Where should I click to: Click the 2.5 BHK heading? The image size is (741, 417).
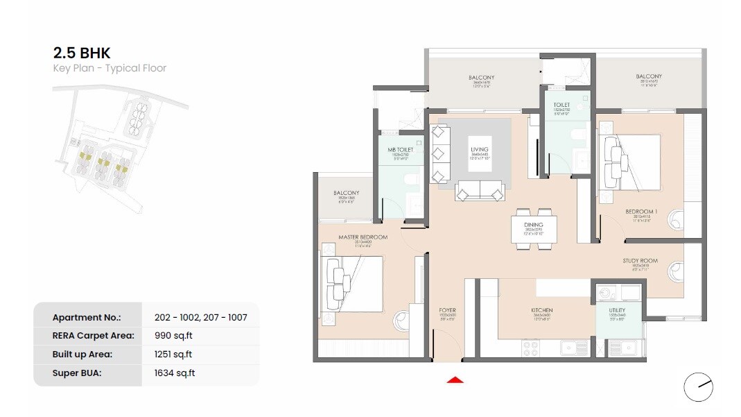coord(82,53)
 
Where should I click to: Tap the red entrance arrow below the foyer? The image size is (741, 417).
coord(455,380)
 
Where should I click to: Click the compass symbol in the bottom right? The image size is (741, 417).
coord(698,387)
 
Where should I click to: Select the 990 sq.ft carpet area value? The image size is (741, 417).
coord(173,335)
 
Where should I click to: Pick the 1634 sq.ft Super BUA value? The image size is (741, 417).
coord(175,373)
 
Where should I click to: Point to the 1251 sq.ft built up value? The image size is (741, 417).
coord(173,354)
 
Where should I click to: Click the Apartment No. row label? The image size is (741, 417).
coord(87,317)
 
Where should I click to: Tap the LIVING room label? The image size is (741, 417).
coord(479,149)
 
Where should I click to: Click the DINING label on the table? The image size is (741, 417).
coord(533,225)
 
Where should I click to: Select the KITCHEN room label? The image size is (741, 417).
coord(542,310)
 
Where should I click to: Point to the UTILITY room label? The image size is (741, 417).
coord(616,310)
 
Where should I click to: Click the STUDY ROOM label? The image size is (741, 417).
coord(639,261)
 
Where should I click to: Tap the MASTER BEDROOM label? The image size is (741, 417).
coord(363,237)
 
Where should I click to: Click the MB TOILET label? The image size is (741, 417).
coord(401,149)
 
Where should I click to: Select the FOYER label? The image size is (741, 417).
coord(447,310)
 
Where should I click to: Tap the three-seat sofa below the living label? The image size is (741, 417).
coord(479,191)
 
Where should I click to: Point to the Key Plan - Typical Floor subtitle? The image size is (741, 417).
coord(110,68)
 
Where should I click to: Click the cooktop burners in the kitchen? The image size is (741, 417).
coord(531,346)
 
